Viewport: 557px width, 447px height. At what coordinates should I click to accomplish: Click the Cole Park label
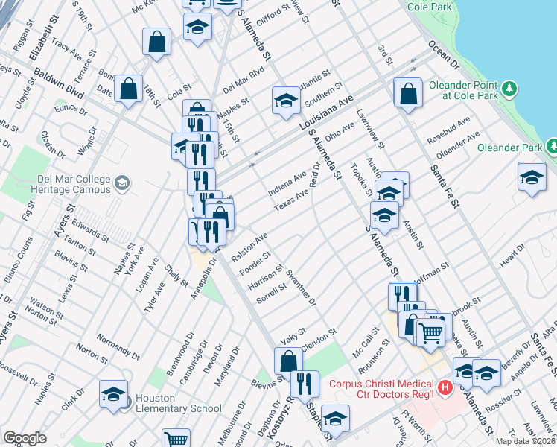(430, 6)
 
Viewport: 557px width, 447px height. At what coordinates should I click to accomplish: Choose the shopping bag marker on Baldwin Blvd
(129, 89)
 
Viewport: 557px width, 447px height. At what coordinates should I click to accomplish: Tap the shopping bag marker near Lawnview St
(407, 95)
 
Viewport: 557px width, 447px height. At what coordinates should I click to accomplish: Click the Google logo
(25, 438)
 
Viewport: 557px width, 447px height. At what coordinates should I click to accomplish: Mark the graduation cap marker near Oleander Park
(531, 179)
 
